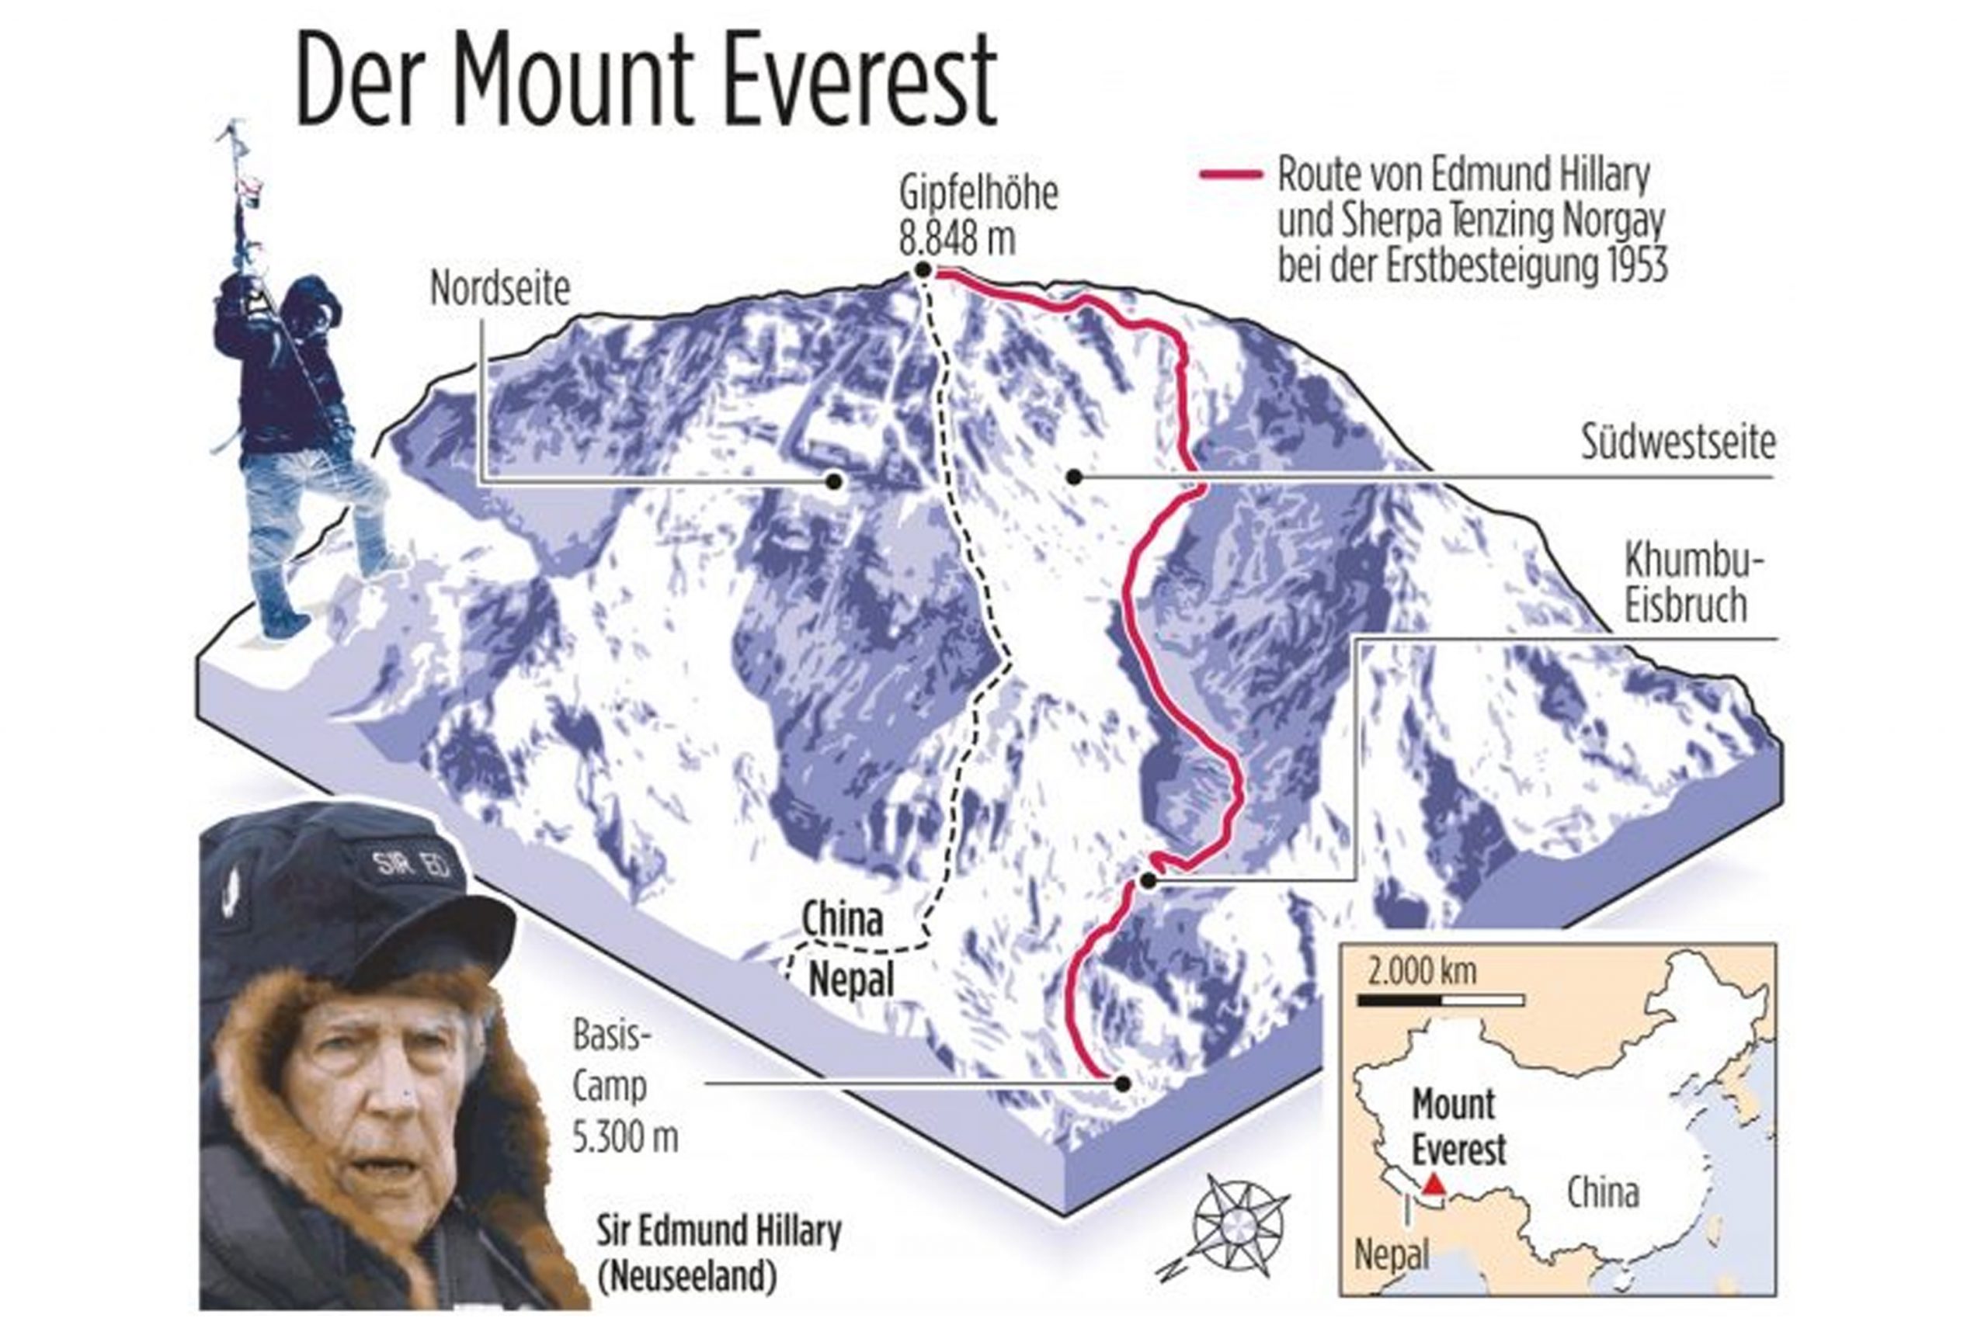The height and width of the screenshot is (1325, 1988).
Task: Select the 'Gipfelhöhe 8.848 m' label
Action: pyautogui.click(x=977, y=216)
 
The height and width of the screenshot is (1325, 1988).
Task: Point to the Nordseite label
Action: pyautogui.click(x=499, y=290)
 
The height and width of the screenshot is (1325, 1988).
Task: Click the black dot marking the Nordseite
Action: pyautogui.click(x=834, y=480)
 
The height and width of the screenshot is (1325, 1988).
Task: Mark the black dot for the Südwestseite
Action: pyautogui.click(x=1074, y=477)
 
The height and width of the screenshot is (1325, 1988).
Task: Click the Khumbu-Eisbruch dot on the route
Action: pyautogui.click(x=1148, y=880)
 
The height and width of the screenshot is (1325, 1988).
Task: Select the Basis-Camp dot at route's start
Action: pyautogui.click(x=1122, y=1084)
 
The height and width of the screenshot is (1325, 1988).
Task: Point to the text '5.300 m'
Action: pyautogui.click(x=624, y=1137)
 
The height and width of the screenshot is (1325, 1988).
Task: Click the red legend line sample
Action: pyautogui.click(x=1231, y=175)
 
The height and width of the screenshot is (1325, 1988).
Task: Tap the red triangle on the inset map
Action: pyautogui.click(x=1434, y=1184)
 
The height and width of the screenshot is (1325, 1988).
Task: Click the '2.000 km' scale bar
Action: pyautogui.click(x=1441, y=999)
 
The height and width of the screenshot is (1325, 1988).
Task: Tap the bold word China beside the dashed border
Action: pyautogui.click(x=842, y=918)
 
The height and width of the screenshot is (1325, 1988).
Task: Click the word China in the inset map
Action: pyautogui.click(x=1603, y=1193)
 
